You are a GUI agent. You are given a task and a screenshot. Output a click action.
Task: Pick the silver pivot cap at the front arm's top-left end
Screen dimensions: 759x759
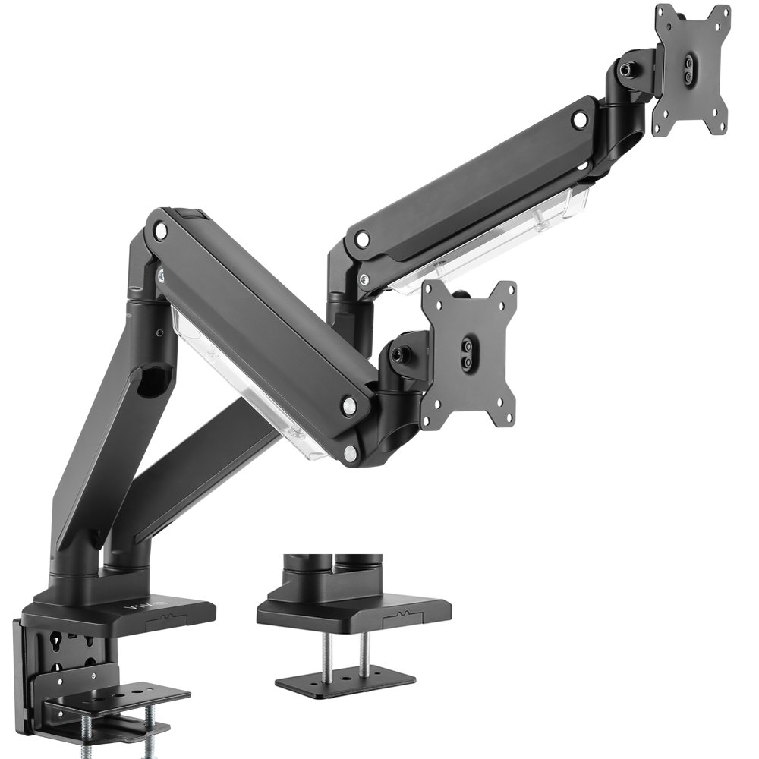tap(160, 228)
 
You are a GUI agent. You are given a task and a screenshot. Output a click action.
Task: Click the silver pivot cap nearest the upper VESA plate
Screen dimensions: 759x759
tap(581, 119)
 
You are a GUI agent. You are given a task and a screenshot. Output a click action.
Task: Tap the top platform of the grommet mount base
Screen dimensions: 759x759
tap(353, 607)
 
